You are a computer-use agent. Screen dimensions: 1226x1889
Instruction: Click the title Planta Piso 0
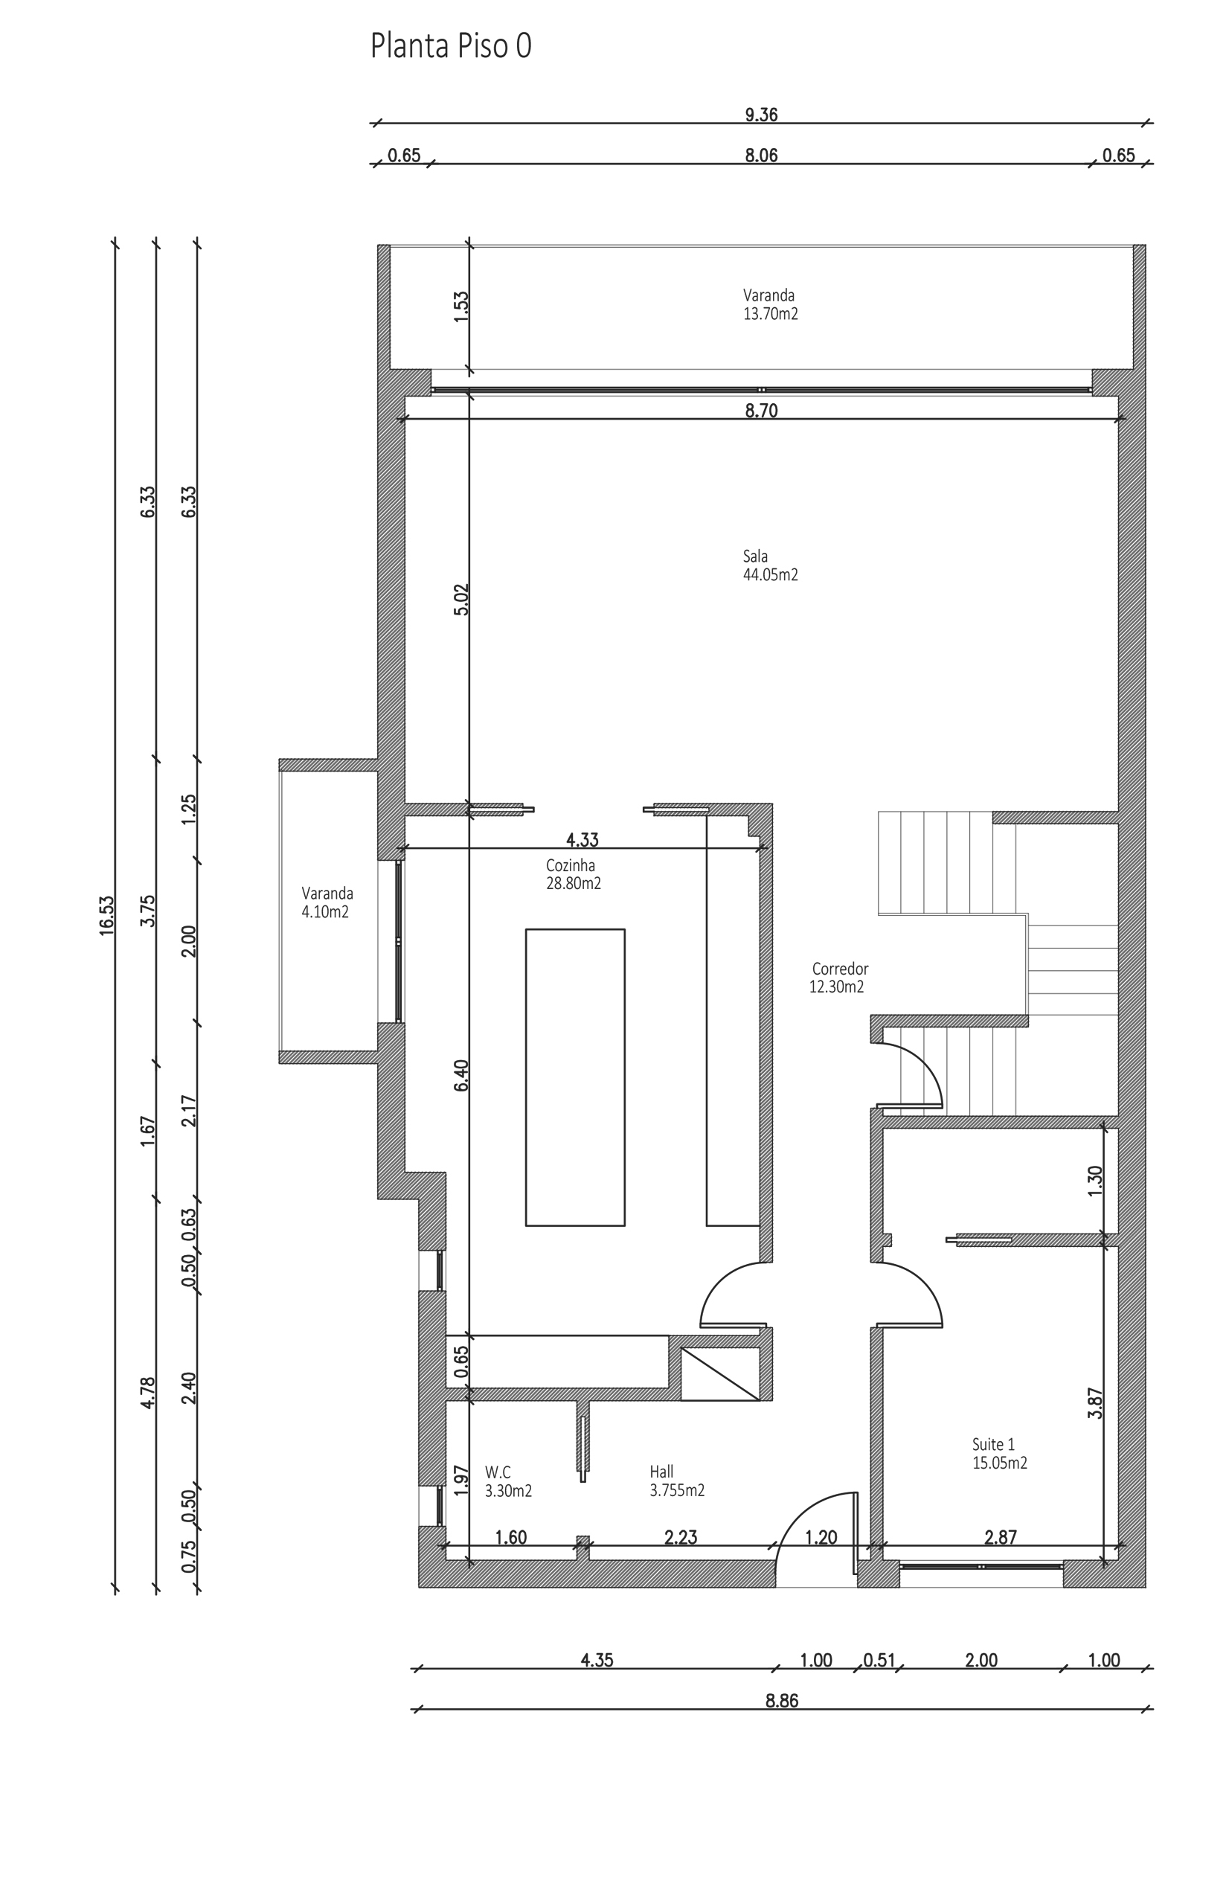coord(450,46)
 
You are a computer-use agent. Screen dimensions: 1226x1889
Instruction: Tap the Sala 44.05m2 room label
coord(770,565)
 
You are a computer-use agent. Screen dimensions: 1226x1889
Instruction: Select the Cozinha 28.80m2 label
coord(573,874)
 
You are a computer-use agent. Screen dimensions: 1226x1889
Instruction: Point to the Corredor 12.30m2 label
coord(838,978)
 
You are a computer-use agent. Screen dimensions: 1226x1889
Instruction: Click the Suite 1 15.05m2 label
coord(999,1453)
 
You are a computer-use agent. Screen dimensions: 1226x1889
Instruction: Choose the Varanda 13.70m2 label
coord(770,304)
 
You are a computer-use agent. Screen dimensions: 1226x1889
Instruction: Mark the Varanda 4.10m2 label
coord(326,902)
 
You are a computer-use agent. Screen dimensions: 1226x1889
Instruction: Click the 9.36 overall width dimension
coord(760,115)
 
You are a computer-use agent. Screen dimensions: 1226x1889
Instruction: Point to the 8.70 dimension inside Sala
coord(760,411)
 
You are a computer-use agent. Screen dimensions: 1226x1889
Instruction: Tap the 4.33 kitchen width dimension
coord(582,839)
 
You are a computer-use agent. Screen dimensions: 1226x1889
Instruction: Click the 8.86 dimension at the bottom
coord(782,1700)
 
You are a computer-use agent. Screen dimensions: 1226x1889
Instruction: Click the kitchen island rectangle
coord(574,1077)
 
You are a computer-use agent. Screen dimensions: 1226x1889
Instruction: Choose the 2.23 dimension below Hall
coord(680,1537)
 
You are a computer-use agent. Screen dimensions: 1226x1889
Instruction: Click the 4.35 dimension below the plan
coord(597,1660)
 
